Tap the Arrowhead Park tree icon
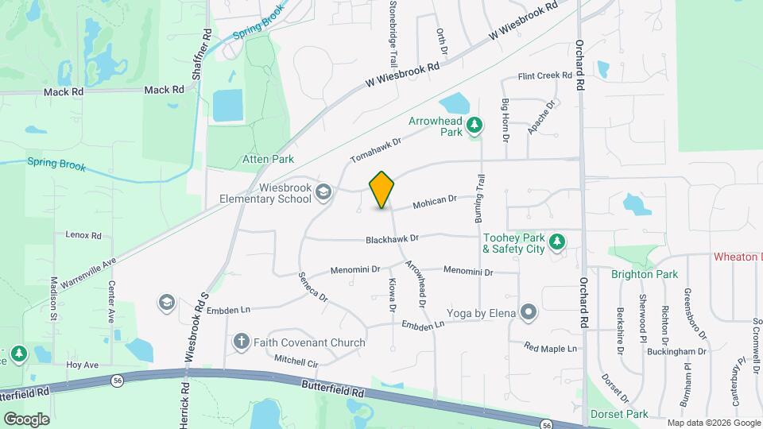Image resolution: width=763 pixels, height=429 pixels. pyautogui.click(x=474, y=125)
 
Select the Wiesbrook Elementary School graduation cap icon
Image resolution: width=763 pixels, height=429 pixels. pyautogui.click(x=323, y=191)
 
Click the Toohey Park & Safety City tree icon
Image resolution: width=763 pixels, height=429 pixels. pyautogui.click(x=557, y=241)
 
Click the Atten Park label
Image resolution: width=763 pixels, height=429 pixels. pyautogui.click(x=268, y=160)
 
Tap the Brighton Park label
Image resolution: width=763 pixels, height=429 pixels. pyautogui.click(x=645, y=274)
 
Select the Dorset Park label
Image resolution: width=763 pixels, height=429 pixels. pyautogui.click(x=619, y=414)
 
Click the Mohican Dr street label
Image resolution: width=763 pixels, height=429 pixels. pyautogui.click(x=435, y=203)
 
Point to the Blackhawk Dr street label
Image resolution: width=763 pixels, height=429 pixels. pyautogui.click(x=392, y=238)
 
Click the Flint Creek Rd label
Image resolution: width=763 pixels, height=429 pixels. pyautogui.click(x=544, y=76)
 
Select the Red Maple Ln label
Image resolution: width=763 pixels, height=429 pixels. pyautogui.click(x=550, y=346)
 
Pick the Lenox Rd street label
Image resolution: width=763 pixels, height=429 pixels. pyautogui.click(x=83, y=235)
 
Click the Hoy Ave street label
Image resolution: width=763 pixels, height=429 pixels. pyautogui.click(x=82, y=365)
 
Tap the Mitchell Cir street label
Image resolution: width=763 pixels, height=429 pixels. pyautogui.click(x=296, y=361)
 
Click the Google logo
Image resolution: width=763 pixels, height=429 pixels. pyautogui.click(x=26, y=419)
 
